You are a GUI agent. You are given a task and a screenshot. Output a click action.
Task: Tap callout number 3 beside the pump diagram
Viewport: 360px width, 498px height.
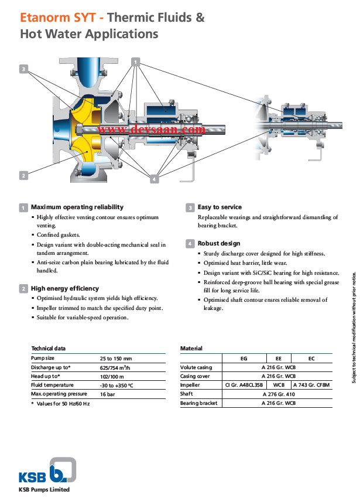click(23, 69)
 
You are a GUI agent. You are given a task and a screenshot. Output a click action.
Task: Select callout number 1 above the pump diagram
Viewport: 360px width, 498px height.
click(136, 61)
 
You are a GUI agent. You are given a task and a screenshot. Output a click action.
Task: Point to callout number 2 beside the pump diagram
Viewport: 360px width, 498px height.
click(23, 175)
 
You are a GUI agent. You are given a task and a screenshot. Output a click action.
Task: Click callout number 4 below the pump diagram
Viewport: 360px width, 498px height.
click(154, 179)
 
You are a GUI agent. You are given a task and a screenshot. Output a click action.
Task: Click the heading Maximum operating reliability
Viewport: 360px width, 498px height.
click(77, 207)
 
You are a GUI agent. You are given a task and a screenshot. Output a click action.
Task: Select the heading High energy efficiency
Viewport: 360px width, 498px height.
click(64, 288)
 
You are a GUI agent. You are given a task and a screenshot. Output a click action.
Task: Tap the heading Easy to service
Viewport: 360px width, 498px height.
click(220, 207)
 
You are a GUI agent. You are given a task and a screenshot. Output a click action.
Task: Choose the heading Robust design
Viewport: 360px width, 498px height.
click(219, 243)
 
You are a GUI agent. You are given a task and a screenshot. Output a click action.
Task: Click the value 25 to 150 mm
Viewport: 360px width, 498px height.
click(116, 358)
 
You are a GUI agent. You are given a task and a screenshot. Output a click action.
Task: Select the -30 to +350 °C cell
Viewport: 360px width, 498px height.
click(117, 385)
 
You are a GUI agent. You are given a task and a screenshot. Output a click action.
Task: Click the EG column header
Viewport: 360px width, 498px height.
click(244, 358)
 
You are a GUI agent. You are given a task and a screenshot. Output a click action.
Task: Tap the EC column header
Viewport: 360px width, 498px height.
click(311, 358)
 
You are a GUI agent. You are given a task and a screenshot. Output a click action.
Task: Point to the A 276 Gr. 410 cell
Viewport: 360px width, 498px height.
click(278, 394)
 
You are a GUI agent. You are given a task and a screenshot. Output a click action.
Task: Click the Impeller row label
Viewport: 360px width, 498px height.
click(190, 385)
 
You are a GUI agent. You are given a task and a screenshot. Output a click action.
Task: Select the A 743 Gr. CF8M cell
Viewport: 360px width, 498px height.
click(311, 385)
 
